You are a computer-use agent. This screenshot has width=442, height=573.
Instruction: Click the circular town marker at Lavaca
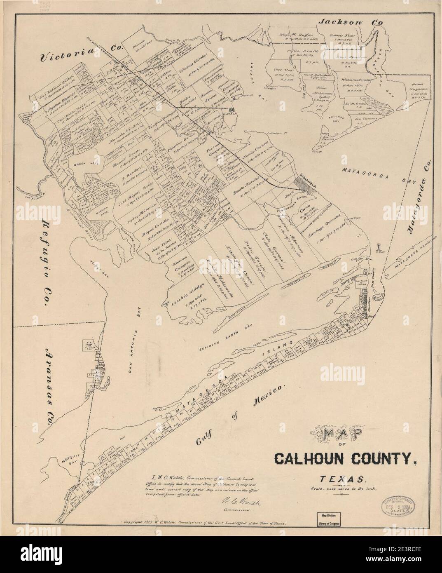tap(232, 110)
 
